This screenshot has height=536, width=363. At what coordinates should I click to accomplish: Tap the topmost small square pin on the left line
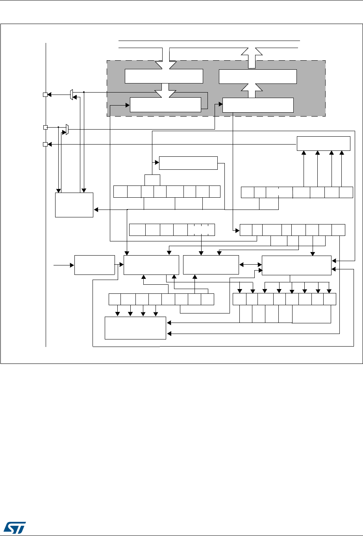[45, 95]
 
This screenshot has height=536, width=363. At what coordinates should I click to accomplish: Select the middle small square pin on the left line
[45, 127]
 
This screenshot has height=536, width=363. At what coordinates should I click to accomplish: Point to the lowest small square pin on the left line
[45, 145]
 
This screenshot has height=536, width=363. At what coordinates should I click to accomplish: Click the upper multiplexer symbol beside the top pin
[71, 95]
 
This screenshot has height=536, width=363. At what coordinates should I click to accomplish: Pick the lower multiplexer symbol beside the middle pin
[67, 129]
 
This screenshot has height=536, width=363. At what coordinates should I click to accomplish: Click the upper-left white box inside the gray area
[164, 76]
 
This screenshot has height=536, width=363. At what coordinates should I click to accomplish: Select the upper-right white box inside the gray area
[257, 76]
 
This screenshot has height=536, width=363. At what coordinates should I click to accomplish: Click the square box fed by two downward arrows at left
[74, 205]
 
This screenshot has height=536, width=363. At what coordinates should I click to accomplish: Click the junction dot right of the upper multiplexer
[84, 93]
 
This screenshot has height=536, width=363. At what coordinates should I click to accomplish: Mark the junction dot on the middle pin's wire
[58, 127]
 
